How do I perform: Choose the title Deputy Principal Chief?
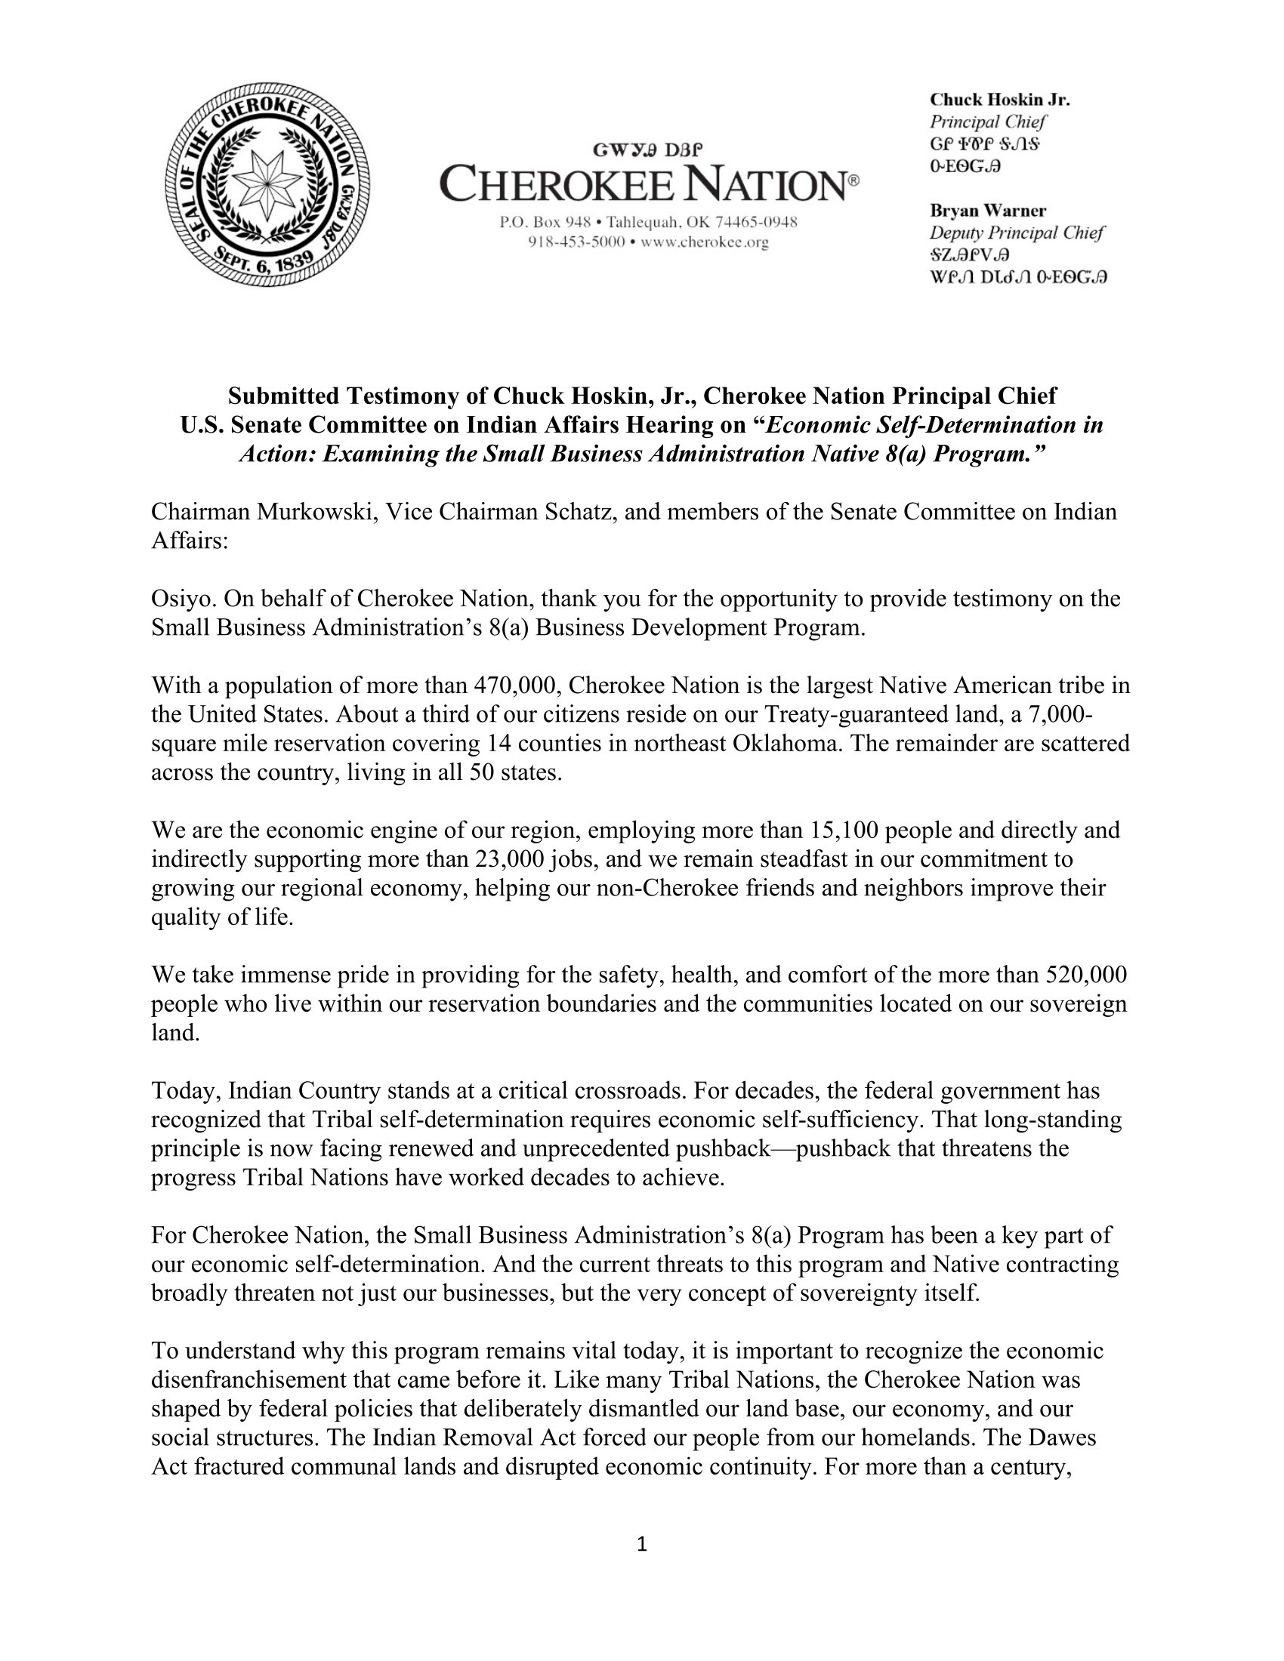(1016, 233)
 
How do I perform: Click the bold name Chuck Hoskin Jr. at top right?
(999, 100)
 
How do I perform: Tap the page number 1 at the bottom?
(641, 1544)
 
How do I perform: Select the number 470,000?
(517, 686)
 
